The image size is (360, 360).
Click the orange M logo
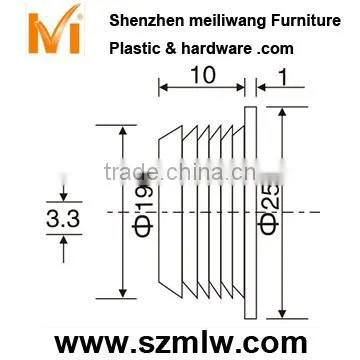click(x=54, y=31)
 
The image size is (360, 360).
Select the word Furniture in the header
click(x=306, y=21)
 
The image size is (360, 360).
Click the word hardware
click(x=216, y=49)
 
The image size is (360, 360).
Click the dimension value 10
click(x=203, y=75)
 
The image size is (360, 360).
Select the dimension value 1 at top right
click(x=283, y=78)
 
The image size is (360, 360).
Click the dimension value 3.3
click(x=63, y=219)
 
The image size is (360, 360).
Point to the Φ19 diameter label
click(x=143, y=209)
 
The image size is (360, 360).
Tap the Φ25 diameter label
click(x=268, y=209)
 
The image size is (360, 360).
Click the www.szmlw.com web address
click(x=180, y=343)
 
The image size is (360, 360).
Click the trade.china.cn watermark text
click(x=193, y=172)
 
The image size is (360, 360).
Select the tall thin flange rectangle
click(x=250, y=213)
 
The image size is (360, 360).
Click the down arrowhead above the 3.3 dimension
click(x=63, y=197)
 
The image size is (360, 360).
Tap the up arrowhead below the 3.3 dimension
click(x=63, y=239)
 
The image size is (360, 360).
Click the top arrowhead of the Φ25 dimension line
click(x=282, y=112)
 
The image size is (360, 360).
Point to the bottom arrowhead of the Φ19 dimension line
click(x=123, y=293)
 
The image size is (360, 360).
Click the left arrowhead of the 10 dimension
click(x=164, y=87)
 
